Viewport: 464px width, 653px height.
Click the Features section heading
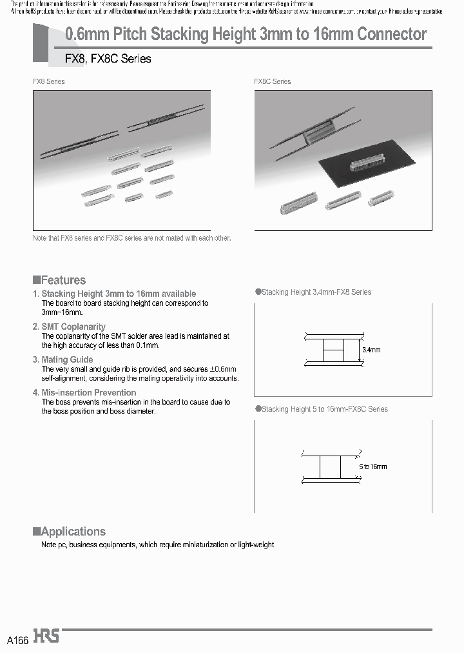point(63,280)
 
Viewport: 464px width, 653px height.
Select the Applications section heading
point(73,532)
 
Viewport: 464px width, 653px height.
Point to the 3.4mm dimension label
point(371,350)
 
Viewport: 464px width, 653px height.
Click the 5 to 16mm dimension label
point(373,467)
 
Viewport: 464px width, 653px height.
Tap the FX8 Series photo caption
point(49,82)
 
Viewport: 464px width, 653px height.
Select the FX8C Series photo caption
point(272,82)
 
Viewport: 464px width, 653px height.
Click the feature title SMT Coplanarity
point(73,326)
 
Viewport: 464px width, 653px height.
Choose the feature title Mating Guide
point(67,359)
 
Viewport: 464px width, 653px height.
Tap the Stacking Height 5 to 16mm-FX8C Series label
point(324,409)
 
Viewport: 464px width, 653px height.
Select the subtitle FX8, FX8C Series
point(108,59)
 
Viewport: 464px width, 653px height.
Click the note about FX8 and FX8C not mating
point(131,238)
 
